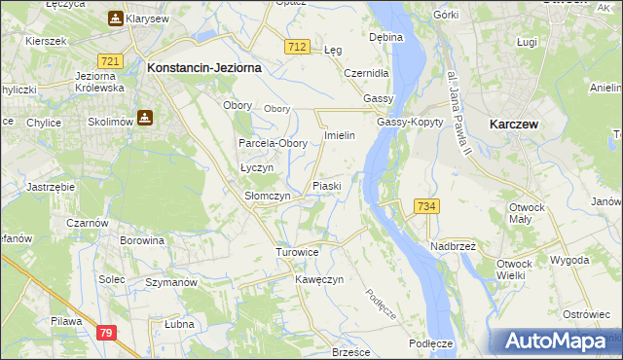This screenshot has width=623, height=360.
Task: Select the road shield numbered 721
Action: [x=110, y=61]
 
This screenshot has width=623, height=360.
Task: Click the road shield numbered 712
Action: [x=298, y=47]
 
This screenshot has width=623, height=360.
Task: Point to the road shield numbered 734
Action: [x=425, y=206]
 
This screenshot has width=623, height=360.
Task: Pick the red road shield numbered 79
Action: [x=106, y=333]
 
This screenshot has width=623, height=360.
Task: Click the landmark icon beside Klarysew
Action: [x=116, y=18]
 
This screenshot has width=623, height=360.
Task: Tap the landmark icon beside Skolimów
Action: [x=145, y=118]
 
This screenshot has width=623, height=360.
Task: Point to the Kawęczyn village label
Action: [x=319, y=279]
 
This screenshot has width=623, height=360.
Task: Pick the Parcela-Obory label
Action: [x=274, y=143]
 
